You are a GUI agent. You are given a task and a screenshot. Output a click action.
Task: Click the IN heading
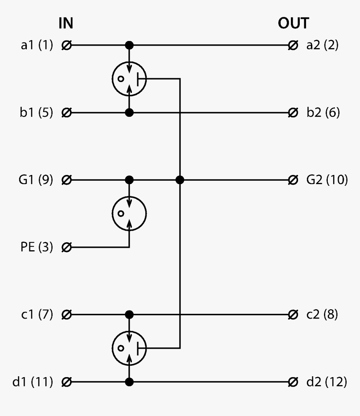click(66, 24)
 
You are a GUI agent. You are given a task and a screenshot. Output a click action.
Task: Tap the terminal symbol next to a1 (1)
click(66, 45)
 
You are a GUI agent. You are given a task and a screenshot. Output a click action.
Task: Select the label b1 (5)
click(36, 113)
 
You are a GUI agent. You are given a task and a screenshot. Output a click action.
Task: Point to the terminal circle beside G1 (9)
click(66, 180)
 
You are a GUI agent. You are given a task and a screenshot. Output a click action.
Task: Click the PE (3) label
click(36, 248)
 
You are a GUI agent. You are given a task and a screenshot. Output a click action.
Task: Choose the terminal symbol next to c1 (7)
click(66, 314)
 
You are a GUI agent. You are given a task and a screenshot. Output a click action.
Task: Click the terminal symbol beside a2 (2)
click(293, 45)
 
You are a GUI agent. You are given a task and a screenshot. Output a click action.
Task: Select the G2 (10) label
click(327, 180)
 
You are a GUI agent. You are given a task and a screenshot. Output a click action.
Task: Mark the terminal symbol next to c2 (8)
click(293, 314)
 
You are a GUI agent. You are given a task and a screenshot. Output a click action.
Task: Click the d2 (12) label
click(327, 382)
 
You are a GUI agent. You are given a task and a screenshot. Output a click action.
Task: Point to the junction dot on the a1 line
click(129, 45)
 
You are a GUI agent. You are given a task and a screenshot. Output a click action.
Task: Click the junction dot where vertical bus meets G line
click(180, 180)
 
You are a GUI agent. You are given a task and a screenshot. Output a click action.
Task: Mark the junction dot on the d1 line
click(129, 382)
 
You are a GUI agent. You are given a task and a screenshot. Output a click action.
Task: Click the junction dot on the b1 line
click(129, 113)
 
